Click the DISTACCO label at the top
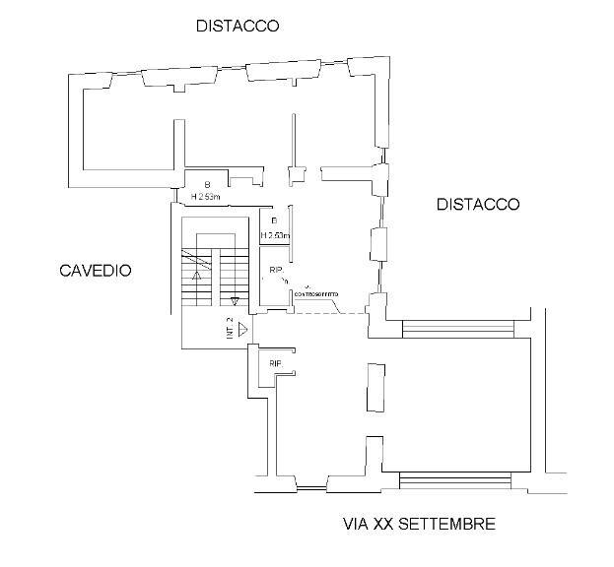pos(238,26)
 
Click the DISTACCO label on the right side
pos(477,205)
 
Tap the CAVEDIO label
pos(95,271)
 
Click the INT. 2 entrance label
pos(229,329)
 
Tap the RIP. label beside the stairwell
pos(277,271)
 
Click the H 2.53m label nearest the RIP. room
pos(275,236)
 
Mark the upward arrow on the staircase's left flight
pos(197,277)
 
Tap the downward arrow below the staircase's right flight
pos(235,302)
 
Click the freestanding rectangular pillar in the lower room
pos(375,387)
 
